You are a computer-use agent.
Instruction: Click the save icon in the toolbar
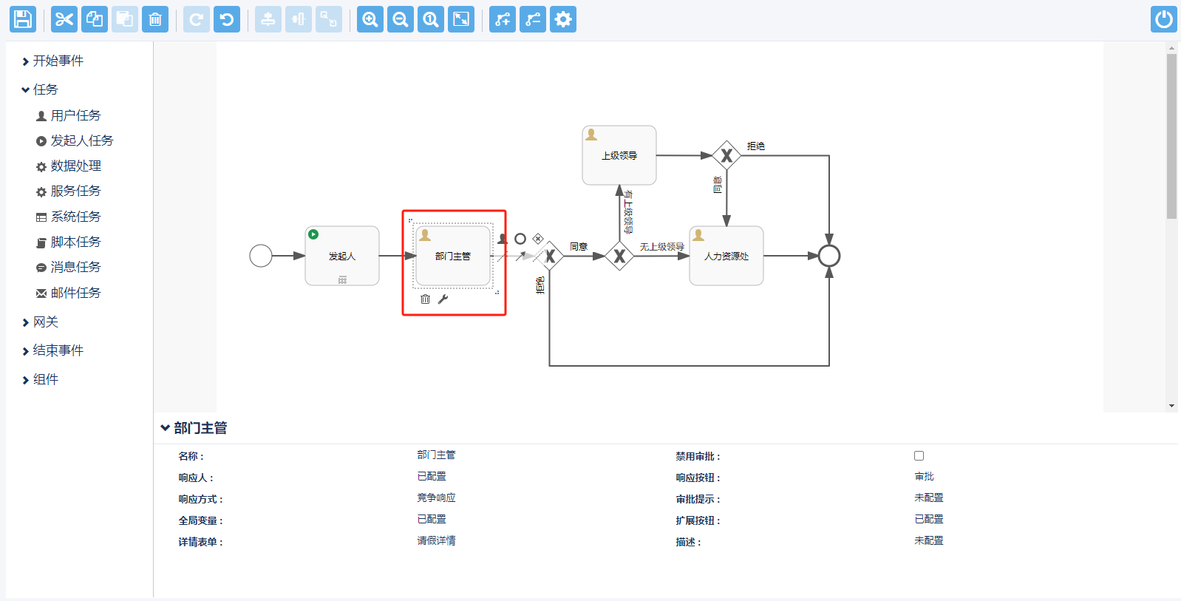(x=23, y=19)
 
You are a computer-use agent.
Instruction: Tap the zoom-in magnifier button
(x=370, y=19)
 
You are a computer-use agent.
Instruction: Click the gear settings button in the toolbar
(x=563, y=19)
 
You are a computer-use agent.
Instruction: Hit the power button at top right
(x=1163, y=19)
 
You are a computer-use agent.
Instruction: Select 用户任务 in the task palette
(x=75, y=115)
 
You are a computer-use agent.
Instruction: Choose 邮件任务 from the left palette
(x=75, y=293)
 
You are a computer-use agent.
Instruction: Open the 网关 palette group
(x=45, y=322)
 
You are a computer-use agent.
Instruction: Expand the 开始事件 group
(x=58, y=61)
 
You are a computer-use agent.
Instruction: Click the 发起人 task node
(x=342, y=256)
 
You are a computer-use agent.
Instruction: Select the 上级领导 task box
(x=619, y=155)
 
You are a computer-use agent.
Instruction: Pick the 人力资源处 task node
(x=726, y=256)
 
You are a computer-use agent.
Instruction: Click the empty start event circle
(x=261, y=256)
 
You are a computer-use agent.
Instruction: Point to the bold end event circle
(x=829, y=256)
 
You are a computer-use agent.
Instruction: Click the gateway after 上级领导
(x=726, y=155)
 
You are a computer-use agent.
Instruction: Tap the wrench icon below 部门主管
(x=443, y=299)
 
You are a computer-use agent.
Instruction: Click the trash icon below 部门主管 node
(x=425, y=299)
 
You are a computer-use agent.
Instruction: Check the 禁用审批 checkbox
(x=919, y=456)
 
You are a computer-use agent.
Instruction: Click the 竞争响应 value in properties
(x=436, y=498)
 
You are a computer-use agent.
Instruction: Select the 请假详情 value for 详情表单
(x=436, y=541)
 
